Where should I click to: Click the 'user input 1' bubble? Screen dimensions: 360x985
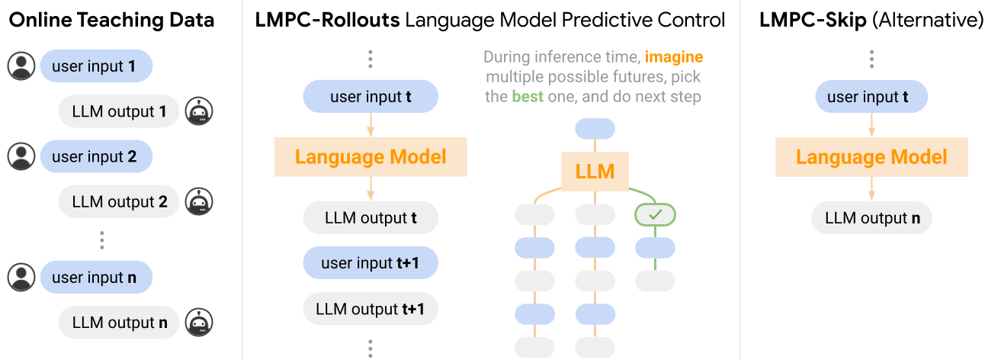coord(96,66)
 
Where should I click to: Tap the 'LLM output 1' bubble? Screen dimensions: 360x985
coord(119,111)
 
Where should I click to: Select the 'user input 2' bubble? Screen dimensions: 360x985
coord(96,156)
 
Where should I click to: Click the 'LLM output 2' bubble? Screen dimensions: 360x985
coord(119,201)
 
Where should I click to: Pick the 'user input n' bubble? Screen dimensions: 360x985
coord(96,278)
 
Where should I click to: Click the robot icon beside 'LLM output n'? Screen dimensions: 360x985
coord(200,323)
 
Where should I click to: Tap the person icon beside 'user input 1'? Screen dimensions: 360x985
coord(21,66)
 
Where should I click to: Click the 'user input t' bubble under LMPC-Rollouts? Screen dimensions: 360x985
coord(371,97)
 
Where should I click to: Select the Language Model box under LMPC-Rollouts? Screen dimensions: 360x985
coord(371,157)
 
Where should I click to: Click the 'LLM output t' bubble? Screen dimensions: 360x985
coord(371,218)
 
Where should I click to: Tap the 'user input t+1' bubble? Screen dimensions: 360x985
coord(371,263)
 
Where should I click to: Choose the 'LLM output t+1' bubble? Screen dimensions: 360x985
coord(371,309)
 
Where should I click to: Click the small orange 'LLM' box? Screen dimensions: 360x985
coord(595,171)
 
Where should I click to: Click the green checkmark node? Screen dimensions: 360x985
coord(655,215)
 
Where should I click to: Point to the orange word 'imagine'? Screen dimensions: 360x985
coord(674,57)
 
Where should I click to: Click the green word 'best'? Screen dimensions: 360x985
coord(528,97)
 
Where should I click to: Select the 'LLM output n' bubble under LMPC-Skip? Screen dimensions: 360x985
coord(871,218)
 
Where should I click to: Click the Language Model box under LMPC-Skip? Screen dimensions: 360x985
coord(871,157)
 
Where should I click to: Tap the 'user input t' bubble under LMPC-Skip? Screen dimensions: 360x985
coord(871,97)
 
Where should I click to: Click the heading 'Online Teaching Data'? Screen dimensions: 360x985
coord(111,20)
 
